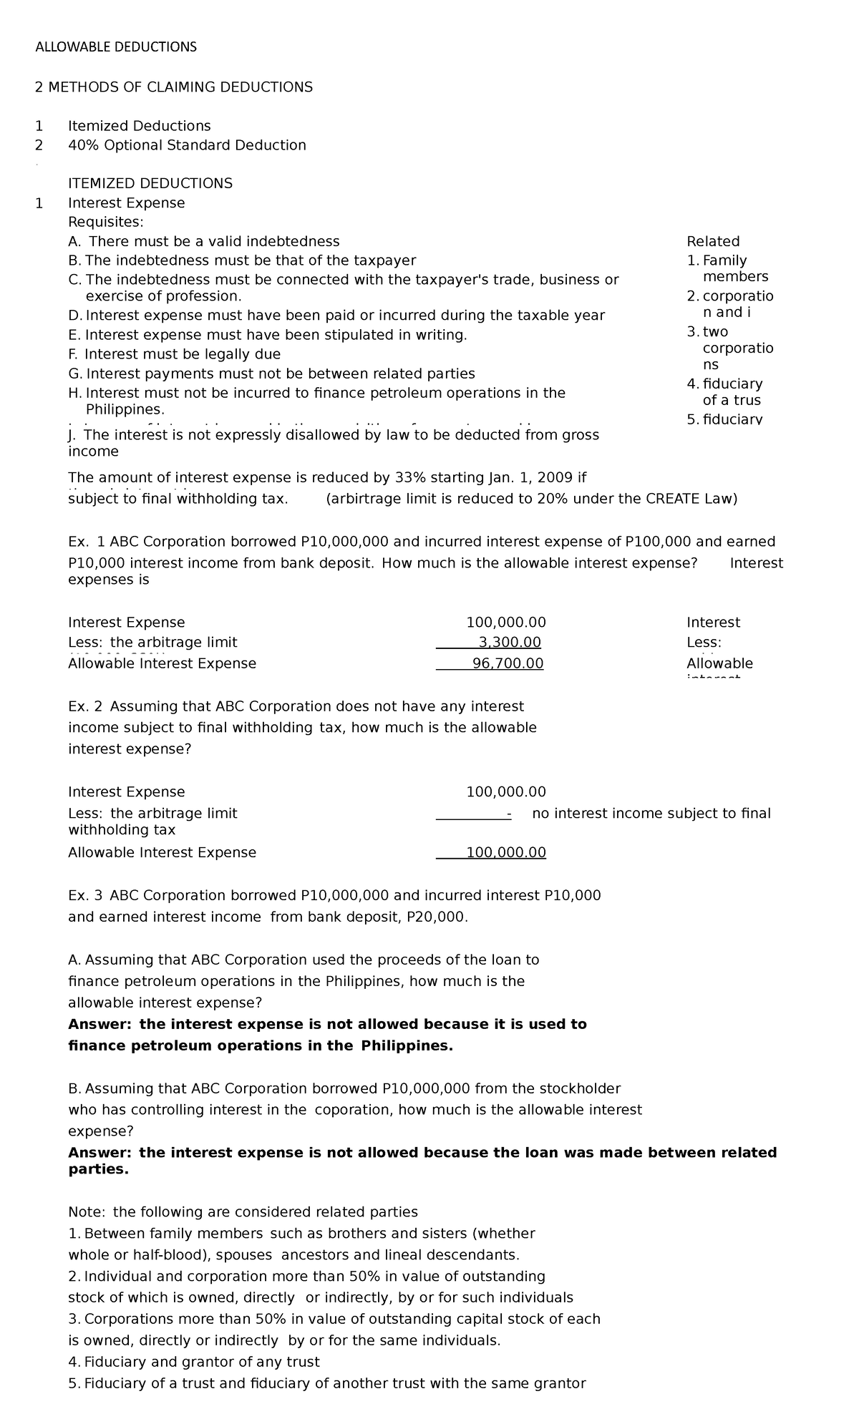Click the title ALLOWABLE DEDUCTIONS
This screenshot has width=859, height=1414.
tap(116, 47)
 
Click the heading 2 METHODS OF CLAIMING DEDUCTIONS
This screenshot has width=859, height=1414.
tap(174, 87)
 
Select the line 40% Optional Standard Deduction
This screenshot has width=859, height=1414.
tap(187, 145)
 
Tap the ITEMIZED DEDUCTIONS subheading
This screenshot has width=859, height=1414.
tap(150, 183)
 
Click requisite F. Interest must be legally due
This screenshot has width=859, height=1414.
tap(174, 354)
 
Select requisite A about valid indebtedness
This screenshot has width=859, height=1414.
tap(203, 241)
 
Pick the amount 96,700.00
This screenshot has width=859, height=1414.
tap(508, 663)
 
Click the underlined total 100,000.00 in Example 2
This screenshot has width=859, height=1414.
tap(505, 852)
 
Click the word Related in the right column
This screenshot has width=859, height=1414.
tap(712, 241)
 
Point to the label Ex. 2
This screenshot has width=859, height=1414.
tap(84, 706)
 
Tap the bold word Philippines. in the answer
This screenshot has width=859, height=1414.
tap(407, 1045)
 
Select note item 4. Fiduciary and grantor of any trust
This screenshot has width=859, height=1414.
tap(193, 1362)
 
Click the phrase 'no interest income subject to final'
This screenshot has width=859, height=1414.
tap(651, 813)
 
